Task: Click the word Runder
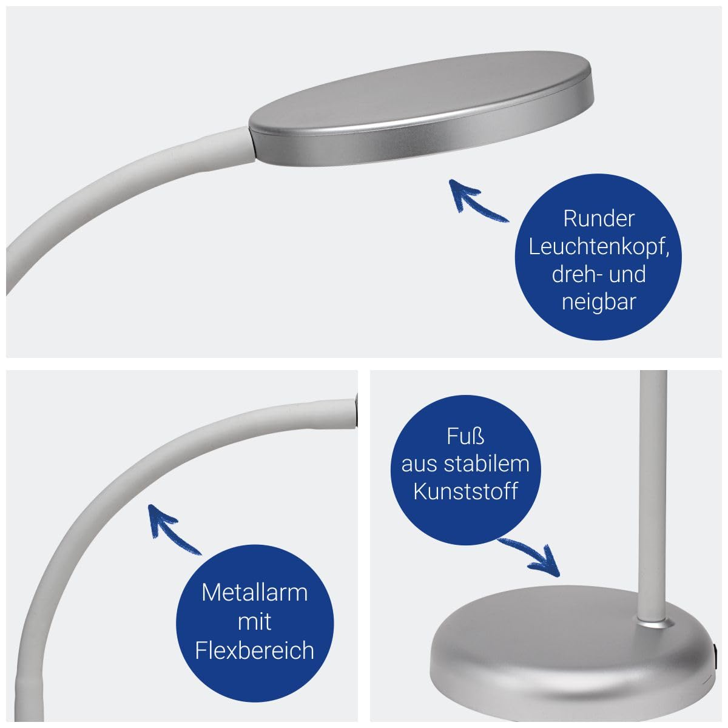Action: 598,219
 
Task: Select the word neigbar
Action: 599,303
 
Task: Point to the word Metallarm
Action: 255,593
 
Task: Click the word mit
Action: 255,621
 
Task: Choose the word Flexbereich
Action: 255,650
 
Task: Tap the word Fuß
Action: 465,437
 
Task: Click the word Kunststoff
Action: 465,491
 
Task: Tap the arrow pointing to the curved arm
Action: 174,528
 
